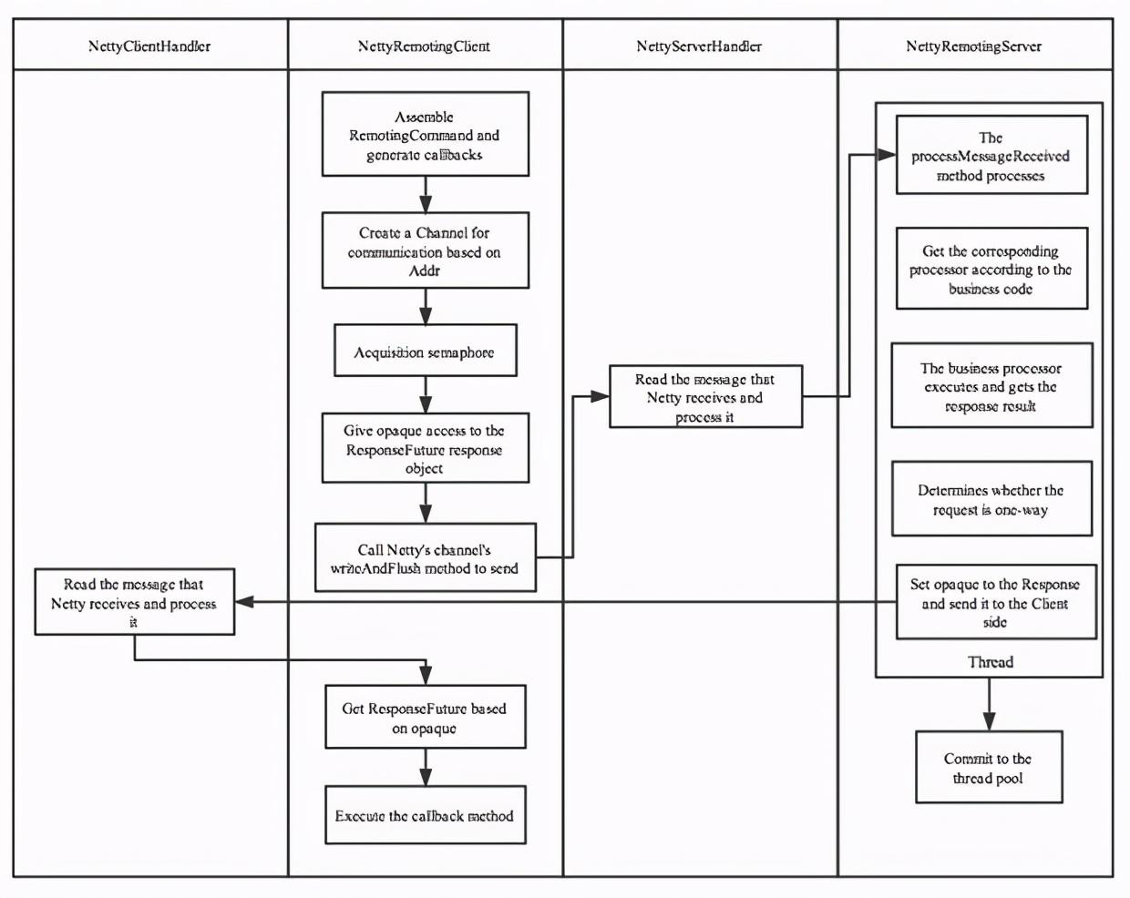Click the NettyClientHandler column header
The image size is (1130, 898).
149,46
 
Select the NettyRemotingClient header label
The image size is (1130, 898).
425,46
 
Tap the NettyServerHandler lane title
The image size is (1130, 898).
699,46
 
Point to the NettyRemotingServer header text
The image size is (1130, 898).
974,46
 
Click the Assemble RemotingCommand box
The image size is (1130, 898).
426,134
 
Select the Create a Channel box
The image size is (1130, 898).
426,250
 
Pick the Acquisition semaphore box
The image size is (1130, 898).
426,350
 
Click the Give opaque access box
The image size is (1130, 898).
426,448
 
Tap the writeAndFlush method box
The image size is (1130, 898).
426,557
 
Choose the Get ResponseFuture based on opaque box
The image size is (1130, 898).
426,717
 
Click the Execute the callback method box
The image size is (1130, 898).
426,815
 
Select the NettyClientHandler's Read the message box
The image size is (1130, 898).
135,602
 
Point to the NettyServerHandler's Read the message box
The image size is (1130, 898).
705,396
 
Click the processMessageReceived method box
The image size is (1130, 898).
991,155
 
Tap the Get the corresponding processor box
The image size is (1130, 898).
991,268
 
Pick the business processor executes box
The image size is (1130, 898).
991,385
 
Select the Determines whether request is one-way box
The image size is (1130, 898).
991,498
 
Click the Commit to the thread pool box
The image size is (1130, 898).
990,767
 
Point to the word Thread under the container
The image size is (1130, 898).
991,662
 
